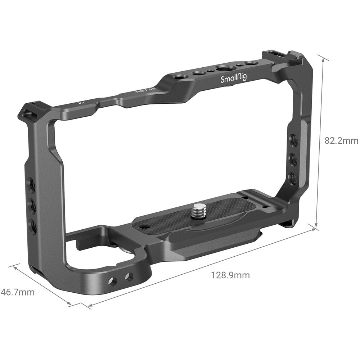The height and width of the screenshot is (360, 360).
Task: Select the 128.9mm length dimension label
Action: (x=230, y=275)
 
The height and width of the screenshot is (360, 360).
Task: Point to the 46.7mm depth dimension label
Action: (x=18, y=292)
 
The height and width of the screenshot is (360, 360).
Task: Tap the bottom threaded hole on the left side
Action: (x=33, y=226)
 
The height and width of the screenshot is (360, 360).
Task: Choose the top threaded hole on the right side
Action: (x=294, y=140)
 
